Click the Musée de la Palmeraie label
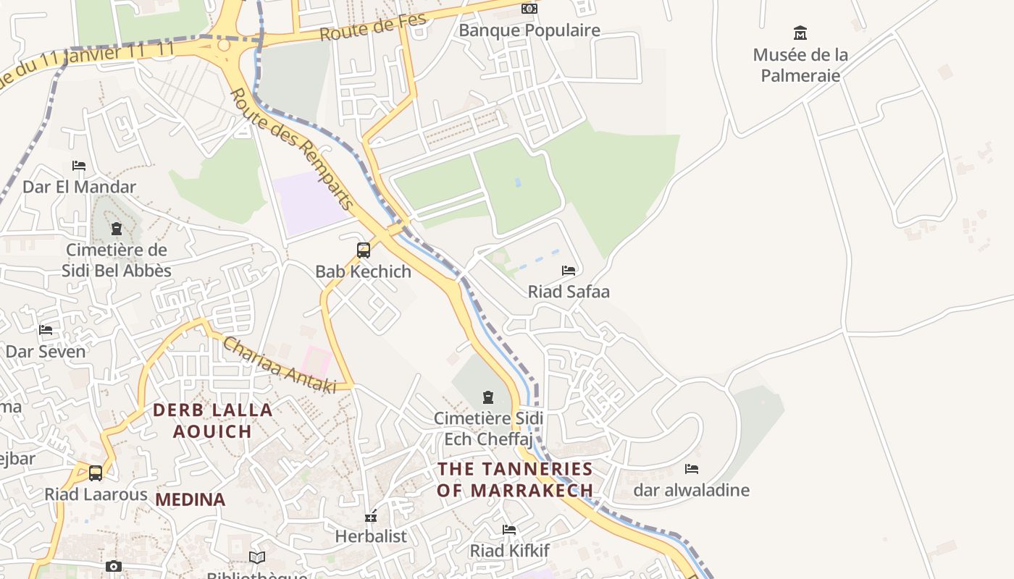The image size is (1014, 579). click(800, 65)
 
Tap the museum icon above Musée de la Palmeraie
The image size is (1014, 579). click(800, 33)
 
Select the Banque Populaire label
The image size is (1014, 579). click(529, 30)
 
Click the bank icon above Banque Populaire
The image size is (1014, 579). click(529, 9)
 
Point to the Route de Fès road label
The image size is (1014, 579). click(373, 28)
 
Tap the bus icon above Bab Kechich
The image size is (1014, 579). click(364, 250)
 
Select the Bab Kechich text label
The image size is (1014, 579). click(364, 272)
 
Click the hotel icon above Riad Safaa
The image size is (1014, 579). click(569, 271)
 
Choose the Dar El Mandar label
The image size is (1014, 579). click(80, 187)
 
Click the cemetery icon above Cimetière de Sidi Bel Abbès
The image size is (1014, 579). click(116, 229)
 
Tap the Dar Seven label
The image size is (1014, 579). click(46, 352)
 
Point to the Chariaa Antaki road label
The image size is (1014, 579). click(280, 365)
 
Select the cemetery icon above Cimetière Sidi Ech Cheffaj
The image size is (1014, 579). click(488, 397)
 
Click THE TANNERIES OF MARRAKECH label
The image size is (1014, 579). click(515, 480)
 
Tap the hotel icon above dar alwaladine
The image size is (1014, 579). click(692, 469)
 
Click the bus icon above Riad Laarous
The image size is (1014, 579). click(96, 473)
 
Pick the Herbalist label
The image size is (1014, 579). click(371, 537)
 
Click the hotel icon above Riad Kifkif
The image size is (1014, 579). click(509, 530)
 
